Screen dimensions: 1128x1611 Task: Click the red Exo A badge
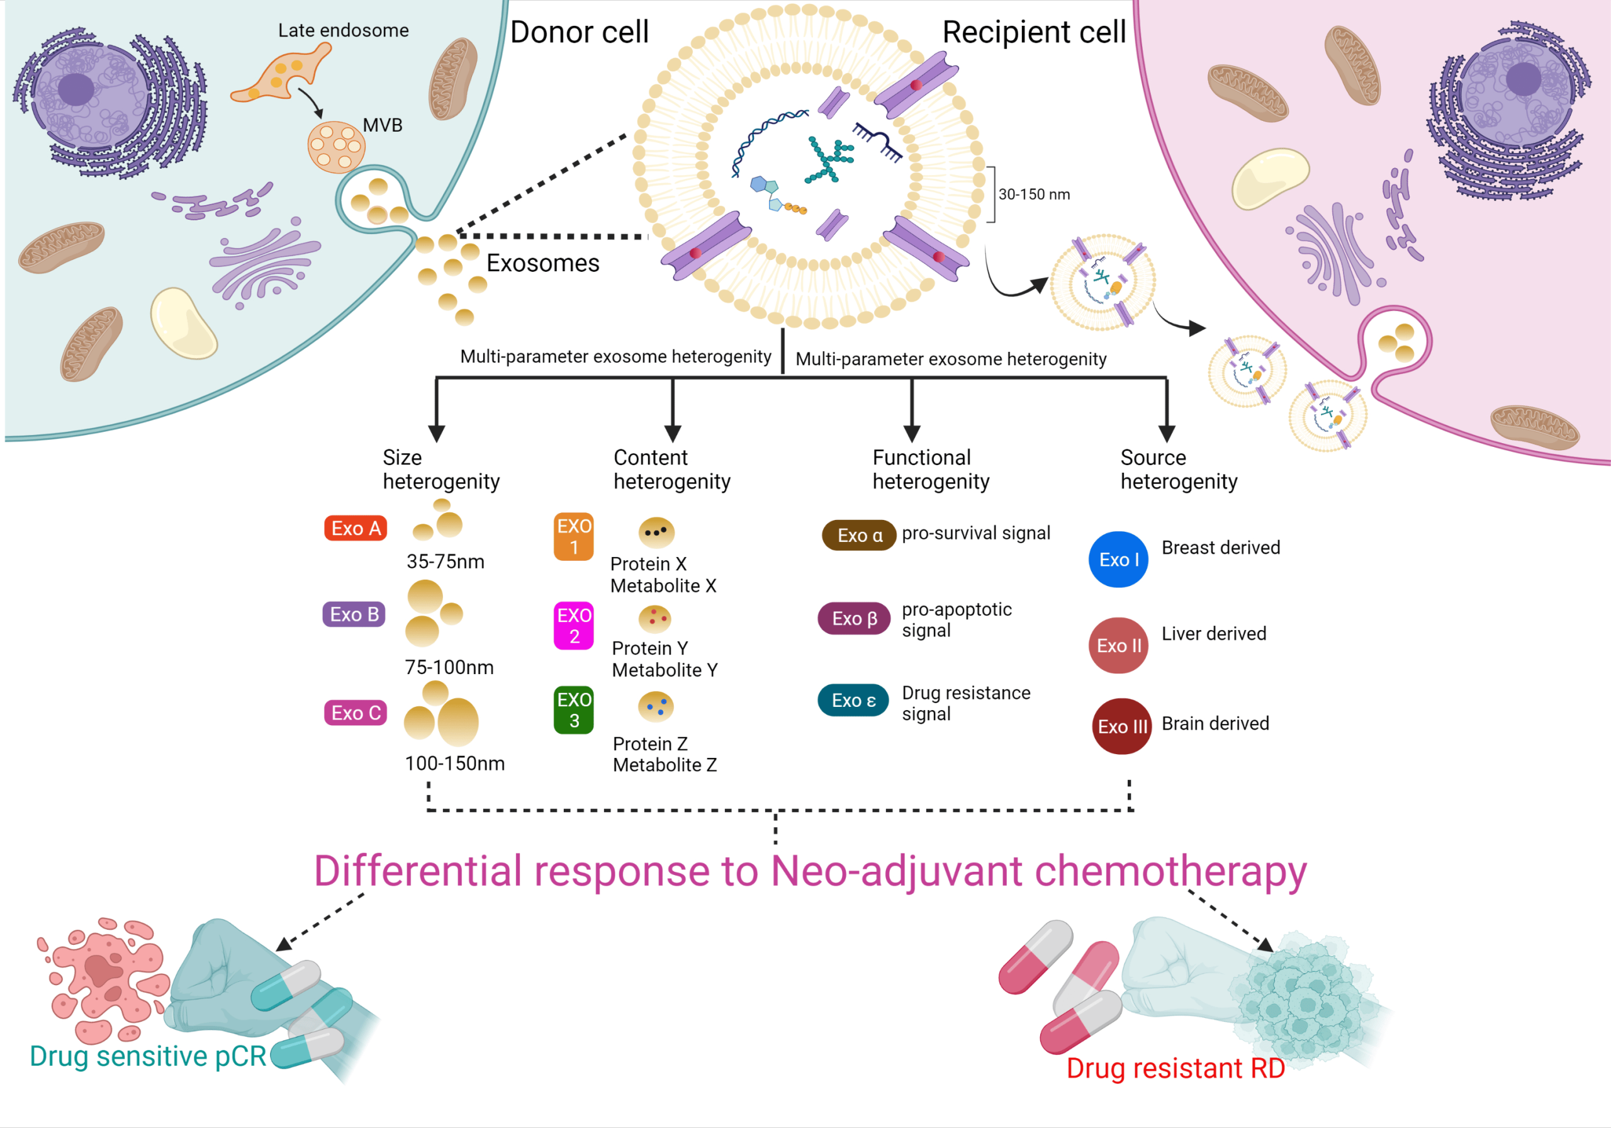[356, 529]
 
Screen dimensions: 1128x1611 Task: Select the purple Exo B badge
[354, 614]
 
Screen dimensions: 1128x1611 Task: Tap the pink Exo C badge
[356, 713]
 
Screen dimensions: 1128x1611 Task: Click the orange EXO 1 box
[574, 536]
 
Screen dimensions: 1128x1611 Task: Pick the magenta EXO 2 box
[574, 626]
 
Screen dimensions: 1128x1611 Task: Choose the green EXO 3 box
[574, 709]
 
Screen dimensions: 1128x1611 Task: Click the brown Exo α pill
[859, 536]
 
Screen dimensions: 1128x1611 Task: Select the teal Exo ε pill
[853, 700]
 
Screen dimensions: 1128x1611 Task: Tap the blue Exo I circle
[1118, 560]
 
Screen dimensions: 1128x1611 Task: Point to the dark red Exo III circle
[1122, 726]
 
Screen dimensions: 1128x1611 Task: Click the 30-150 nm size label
[1034, 195]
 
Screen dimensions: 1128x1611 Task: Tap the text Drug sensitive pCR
[148, 1056]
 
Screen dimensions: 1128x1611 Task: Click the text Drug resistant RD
[1176, 1068]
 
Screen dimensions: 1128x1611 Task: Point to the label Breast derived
[1221, 548]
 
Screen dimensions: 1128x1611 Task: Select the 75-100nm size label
[449, 667]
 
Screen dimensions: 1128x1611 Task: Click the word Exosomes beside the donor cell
[543, 263]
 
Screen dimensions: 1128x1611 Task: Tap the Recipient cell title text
[1033, 32]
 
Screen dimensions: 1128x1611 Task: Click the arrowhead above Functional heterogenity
[911, 433]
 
